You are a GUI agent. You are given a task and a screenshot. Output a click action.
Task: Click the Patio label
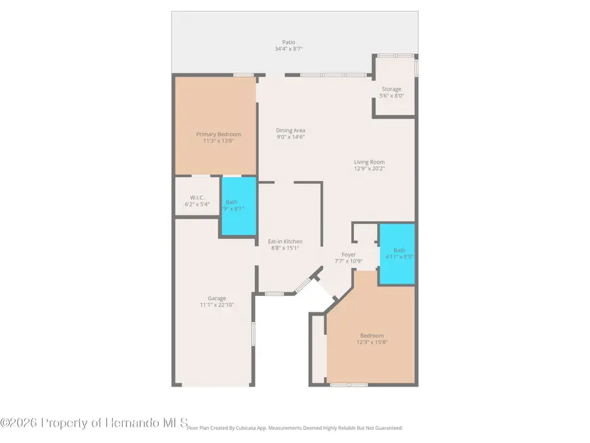288,42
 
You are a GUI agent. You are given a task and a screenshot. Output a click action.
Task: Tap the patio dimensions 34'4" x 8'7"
288,49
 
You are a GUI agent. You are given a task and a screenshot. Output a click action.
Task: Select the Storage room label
391,89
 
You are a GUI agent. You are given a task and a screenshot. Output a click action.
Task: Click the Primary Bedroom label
219,135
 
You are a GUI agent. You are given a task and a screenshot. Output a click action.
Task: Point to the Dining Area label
290,131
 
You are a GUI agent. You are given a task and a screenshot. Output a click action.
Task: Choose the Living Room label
369,162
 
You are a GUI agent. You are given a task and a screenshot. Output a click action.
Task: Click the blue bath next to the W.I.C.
237,206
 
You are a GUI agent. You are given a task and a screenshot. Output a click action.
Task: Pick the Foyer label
349,255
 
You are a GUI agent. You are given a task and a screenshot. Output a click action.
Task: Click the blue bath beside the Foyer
397,254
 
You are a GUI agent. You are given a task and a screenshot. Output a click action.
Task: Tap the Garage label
212,299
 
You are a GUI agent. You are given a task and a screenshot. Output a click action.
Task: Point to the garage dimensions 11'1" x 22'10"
212,305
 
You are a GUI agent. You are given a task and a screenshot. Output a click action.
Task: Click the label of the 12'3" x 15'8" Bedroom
371,335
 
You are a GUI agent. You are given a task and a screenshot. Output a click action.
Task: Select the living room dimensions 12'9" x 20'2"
369,169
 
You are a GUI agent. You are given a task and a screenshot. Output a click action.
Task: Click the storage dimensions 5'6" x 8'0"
391,96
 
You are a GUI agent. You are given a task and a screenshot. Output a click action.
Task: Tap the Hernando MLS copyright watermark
94,423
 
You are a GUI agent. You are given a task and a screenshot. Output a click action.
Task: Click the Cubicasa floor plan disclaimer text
295,428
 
